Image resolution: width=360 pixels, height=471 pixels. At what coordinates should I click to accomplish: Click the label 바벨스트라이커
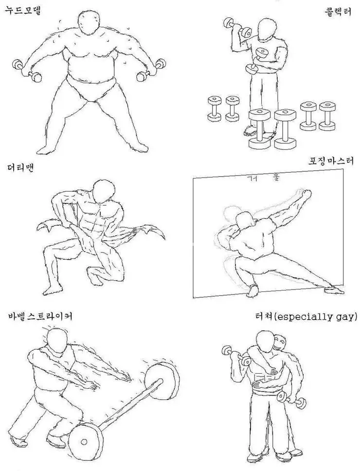click(40, 316)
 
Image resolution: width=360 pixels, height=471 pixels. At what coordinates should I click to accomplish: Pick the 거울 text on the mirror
click(262, 177)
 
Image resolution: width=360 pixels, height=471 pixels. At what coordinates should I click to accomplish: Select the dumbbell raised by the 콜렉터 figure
click(237, 28)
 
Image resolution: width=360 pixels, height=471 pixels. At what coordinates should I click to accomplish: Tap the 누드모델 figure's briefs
click(90, 88)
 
